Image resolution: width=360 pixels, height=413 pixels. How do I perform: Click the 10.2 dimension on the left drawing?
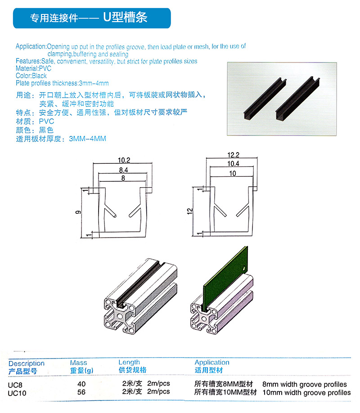(124, 160)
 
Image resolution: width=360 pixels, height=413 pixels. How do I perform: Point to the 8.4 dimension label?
(123, 170)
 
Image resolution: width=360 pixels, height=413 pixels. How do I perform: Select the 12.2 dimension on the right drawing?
(233, 155)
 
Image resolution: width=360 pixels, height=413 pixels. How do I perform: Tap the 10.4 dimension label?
(233, 164)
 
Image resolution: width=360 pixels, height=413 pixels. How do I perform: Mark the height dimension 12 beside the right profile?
(190, 211)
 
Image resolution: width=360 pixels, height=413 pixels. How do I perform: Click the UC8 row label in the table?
(15, 385)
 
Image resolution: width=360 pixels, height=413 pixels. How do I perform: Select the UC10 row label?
(17, 393)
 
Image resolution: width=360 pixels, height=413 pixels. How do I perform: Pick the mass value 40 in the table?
(81, 384)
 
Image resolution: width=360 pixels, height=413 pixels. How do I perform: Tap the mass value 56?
(81, 392)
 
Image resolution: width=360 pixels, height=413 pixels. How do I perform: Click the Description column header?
(27, 364)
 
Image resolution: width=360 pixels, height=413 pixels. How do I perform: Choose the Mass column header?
(79, 363)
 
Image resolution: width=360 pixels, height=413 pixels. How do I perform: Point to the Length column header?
(129, 363)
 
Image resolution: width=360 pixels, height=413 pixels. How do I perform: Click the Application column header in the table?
(212, 363)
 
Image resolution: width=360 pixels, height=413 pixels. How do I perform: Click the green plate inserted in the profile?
(226, 276)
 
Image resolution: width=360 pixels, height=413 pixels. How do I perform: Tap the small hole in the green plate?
(244, 269)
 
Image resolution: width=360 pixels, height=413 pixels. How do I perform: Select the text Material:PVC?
(33, 68)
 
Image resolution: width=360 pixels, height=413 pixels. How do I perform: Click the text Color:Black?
(31, 76)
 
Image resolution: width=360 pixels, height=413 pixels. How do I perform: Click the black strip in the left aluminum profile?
(139, 284)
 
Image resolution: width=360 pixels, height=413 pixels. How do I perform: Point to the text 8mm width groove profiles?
(304, 384)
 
